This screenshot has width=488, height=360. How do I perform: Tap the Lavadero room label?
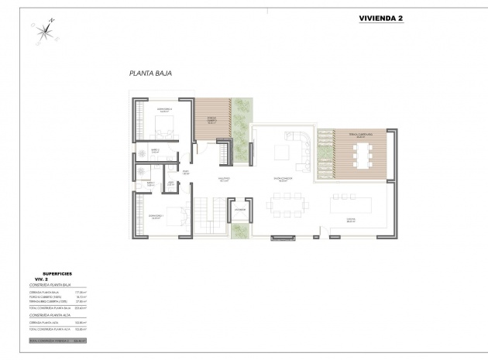pyautogui.click(x=240, y=209)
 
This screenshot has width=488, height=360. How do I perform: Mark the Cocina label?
pyautogui.click(x=350, y=220)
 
